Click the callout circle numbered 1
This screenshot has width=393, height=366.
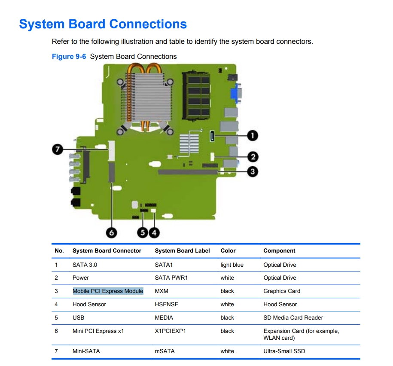pyautogui.click(x=253, y=136)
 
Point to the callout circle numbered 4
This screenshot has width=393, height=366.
pyautogui.click(x=154, y=232)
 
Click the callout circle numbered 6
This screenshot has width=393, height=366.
pyautogui.click(x=111, y=232)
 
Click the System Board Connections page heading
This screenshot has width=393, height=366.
pyautogui.click(x=103, y=24)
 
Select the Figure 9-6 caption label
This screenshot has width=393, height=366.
pyautogui.click(x=69, y=56)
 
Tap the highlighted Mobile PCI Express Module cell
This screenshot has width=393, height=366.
pyautogui.click(x=108, y=291)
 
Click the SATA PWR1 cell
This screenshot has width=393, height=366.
pyautogui.click(x=171, y=278)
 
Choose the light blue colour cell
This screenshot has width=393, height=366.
pyautogui.click(x=232, y=265)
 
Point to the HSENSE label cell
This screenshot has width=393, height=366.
pyautogui.click(x=166, y=304)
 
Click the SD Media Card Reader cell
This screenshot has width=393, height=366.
pyautogui.click(x=293, y=317)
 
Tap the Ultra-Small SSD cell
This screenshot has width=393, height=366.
pyautogui.click(x=284, y=351)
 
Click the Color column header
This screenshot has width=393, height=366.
pyautogui.click(x=228, y=250)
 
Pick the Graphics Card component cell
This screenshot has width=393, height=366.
pyautogui.click(x=282, y=291)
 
